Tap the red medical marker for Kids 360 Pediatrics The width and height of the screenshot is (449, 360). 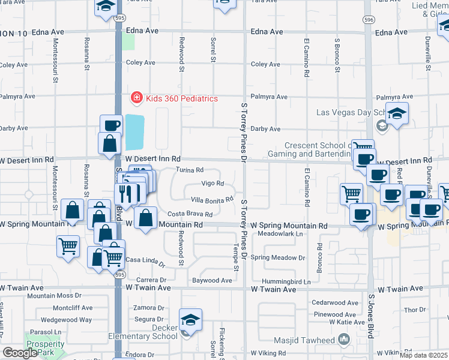(x=137, y=98)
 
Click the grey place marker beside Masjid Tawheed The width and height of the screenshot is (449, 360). (x=344, y=340)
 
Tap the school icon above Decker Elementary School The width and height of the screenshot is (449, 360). (x=190, y=320)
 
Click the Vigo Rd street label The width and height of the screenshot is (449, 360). (x=212, y=184)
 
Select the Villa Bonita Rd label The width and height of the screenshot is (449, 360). (x=211, y=200)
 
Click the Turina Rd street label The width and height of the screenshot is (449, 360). (x=190, y=170)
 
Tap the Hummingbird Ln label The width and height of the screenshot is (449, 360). (x=291, y=281)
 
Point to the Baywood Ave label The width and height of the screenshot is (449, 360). (x=212, y=280)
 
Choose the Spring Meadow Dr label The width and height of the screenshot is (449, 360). (x=278, y=257)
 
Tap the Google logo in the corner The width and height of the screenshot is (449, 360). (x=20, y=353)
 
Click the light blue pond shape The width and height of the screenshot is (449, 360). (x=135, y=133)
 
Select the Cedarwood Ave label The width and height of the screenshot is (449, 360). (x=334, y=302)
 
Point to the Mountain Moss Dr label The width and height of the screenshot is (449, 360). (x=54, y=295)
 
